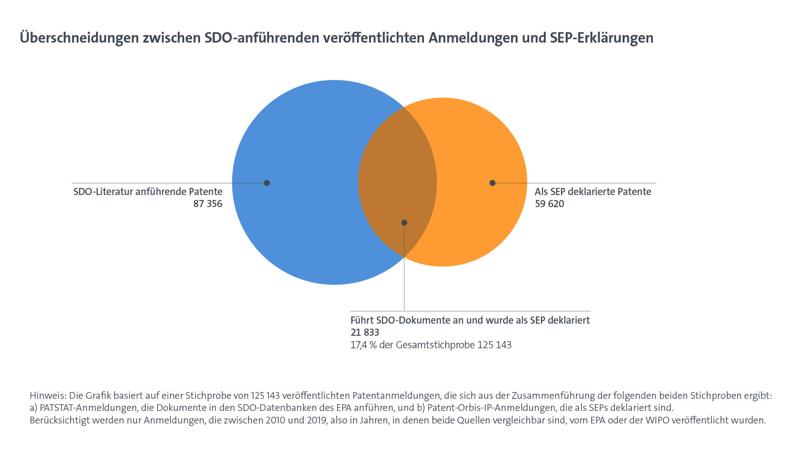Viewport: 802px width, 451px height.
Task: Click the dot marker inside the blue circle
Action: (x=267, y=183)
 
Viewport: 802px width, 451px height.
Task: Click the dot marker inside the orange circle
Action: (x=492, y=183)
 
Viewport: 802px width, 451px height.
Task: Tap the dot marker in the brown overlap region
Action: (x=404, y=223)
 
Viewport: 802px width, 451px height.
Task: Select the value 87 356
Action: (x=208, y=204)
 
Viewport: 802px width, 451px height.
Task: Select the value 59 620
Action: (x=549, y=204)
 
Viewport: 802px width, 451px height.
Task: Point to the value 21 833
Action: (x=365, y=333)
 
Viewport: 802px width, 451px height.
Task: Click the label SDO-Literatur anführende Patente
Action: (x=148, y=192)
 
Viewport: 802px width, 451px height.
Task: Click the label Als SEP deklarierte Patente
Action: (x=593, y=192)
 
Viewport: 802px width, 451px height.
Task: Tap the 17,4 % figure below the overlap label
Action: (x=363, y=345)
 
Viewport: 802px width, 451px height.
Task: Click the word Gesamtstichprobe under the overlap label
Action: (x=435, y=345)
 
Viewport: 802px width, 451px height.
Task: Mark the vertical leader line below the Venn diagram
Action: (x=404, y=284)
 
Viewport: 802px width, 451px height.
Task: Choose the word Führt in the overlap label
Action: (x=362, y=321)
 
